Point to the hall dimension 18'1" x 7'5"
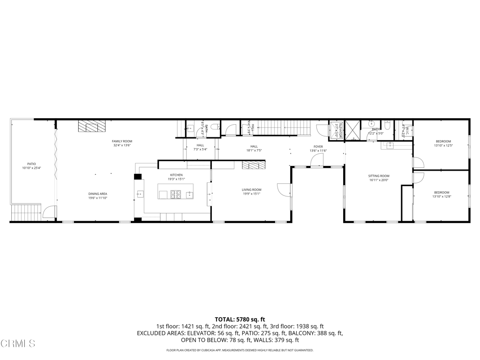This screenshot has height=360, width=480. pos(254,150)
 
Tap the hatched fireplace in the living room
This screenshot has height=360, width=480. pos(254,165)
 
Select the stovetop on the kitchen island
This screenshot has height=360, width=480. pos(176,194)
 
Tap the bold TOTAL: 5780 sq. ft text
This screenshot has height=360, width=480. pos(240,320)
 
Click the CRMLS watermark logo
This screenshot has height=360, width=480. pos(18,344)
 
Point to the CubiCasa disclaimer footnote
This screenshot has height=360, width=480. pos(240,350)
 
